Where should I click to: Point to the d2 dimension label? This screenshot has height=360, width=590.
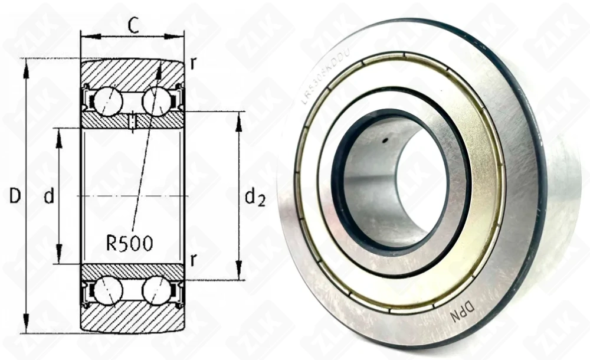pyautogui.click(x=254, y=198)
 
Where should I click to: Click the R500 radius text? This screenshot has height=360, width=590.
pyautogui.click(x=129, y=243)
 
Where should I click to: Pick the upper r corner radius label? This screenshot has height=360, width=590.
pyautogui.click(x=192, y=63)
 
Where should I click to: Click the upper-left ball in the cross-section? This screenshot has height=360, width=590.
pyautogui.click(x=108, y=101)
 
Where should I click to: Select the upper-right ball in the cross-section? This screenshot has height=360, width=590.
pyautogui.click(x=156, y=101)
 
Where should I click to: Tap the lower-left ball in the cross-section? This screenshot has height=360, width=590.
pyautogui.click(x=108, y=290)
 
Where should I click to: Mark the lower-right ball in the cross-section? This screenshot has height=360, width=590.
pyautogui.click(x=156, y=290)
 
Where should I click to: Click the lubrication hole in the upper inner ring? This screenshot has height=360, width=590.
pyautogui.click(x=133, y=121)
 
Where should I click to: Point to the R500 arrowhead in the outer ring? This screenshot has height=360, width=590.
pyautogui.click(x=159, y=67)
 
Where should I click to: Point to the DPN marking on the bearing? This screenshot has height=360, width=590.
pyautogui.click(x=463, y=307)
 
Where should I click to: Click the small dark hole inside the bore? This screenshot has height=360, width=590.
pyautogui.click(x=384, y=140)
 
